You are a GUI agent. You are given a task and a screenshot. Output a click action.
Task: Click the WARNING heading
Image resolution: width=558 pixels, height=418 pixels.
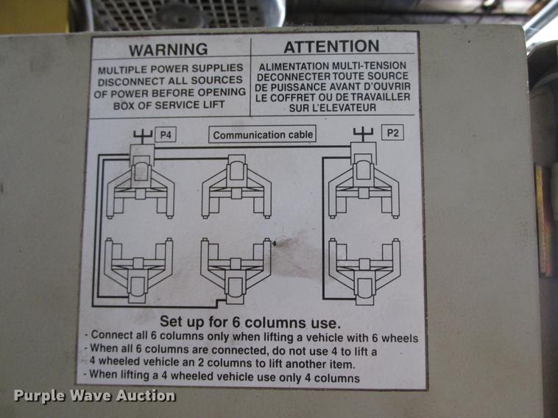[x=168, y=50]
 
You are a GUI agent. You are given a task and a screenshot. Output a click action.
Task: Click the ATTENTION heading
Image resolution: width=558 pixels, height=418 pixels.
[x=331, y=48]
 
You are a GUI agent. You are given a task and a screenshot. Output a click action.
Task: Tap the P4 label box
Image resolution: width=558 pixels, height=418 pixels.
[x=165, y=135]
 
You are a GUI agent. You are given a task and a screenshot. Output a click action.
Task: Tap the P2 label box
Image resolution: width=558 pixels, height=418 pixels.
[x=392, y=133]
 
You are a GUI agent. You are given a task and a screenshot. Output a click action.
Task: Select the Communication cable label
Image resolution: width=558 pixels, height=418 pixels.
[x=262, y=135]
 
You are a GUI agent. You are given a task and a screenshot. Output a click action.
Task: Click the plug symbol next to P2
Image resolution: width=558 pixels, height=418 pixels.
[x=363, y=133]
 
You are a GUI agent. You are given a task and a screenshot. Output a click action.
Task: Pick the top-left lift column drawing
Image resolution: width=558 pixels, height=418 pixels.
[x=140, y=185]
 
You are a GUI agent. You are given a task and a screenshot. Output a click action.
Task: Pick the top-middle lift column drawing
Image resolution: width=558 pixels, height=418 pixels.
[x=236, y=188]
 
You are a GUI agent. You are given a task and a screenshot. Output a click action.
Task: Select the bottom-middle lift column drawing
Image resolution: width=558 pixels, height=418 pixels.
[x=236, y=269]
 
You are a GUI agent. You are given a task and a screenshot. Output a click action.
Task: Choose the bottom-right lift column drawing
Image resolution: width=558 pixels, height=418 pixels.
[x=364, y=269]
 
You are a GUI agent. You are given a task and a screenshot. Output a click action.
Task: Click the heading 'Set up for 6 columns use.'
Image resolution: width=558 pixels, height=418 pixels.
[x=250, y=322]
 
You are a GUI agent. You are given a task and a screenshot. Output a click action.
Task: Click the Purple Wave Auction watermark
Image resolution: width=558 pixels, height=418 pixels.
[x=94, y=396]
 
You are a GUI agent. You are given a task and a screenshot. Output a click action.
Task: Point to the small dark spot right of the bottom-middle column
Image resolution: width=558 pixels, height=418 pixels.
[x=275, y=243]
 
